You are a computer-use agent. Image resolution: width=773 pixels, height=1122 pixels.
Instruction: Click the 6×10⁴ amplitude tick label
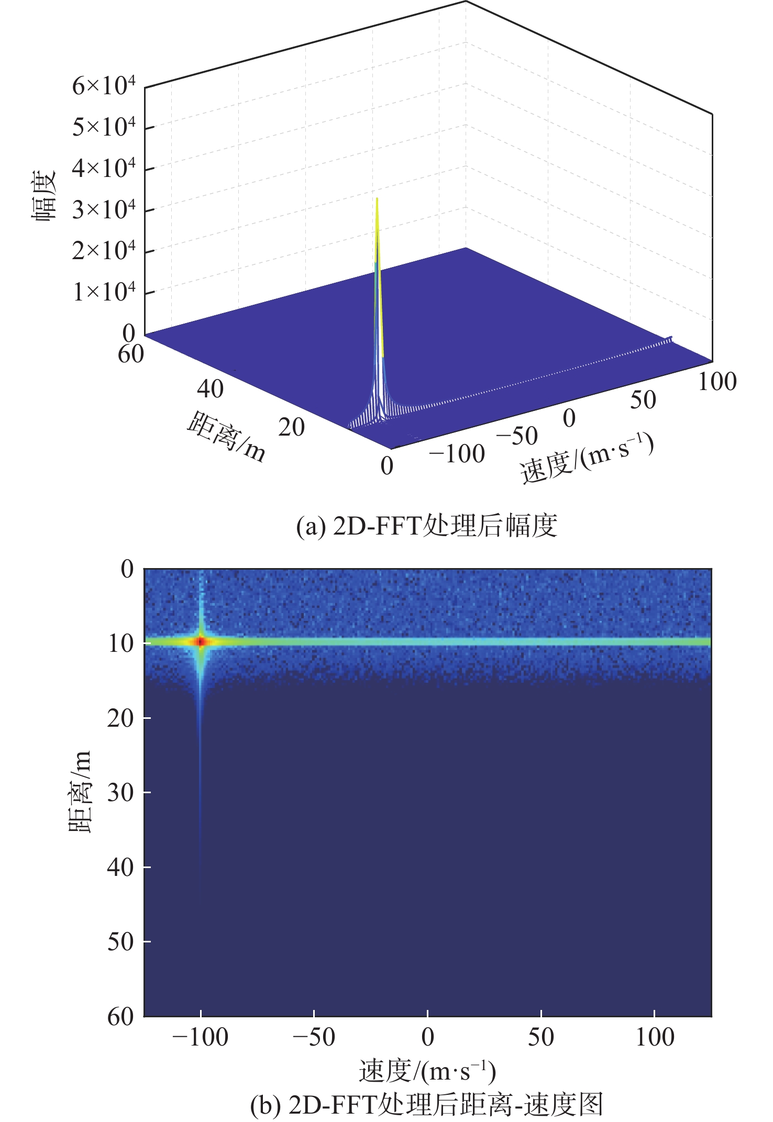pyautogui.click(x=104, y=86)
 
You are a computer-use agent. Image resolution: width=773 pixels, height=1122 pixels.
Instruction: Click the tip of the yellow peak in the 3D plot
pyautogui.click(x=377, y=199)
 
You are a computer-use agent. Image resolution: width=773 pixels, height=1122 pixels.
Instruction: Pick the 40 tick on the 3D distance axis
pyautogui.click(x=210, y=389)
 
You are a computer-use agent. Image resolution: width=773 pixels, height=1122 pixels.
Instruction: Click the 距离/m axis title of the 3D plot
pyautogui.click(x=226, y=437)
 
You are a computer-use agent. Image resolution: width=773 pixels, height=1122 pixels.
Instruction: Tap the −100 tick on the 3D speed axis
pyautogui.click(x=457, y=454)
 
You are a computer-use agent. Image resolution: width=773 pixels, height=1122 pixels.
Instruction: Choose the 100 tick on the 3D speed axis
pyautogui.click(x=717, y=381)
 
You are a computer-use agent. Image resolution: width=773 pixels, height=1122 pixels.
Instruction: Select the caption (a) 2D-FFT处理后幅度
pyautogui.click(x=427, y=526)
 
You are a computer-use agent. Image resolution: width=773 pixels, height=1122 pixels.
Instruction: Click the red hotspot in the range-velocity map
pyautogui.click(x=201, y=641)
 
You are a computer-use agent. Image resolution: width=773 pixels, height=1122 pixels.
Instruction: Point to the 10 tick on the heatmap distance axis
pyautogui.click(x=121, y=643)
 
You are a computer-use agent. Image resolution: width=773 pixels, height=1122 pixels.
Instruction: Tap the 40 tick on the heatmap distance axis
pyautogui.click(x=121, y=868)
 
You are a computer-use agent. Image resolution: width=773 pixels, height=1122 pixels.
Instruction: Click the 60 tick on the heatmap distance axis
pyautogui.click(x=121, y=1017)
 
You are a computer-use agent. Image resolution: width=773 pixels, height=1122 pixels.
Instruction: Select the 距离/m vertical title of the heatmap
pyautogui.click(x=80, y=791)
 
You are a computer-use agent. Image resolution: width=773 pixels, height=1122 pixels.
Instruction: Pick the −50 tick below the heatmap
pyautogui.click(x=314, y=1037)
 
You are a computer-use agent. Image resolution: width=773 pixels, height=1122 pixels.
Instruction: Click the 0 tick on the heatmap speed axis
pyautogui.click(x=427, y=1037)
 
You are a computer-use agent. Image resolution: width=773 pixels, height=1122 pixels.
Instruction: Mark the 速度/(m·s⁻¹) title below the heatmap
pyautogui.click(x=427, y=1071)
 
